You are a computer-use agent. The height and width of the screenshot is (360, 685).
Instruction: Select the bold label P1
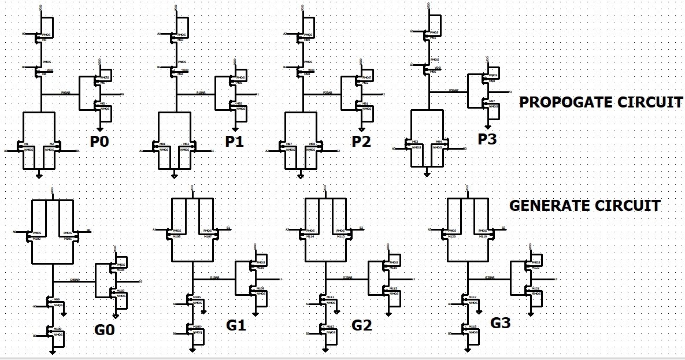click(x=234, y=141)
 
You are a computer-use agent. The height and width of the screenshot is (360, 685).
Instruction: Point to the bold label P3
click(x=487, y=139)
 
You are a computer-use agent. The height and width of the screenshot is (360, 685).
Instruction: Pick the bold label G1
click(x=236, y=325)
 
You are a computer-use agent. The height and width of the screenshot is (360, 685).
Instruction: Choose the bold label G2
click(x=362, y=325)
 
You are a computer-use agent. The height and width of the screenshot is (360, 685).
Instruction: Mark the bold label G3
click(x=500, y=323)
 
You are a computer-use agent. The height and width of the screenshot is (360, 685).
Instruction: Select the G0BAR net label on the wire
click(x=75, y=280)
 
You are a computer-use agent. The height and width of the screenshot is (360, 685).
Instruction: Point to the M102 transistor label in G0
click(x=36, y=238)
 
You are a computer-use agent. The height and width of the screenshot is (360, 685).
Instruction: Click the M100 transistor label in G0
click(x=57, y=328)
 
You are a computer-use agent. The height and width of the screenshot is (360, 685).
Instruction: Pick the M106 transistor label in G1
click(x=197, y=326)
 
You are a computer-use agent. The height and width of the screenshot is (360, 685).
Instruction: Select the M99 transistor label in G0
click(x=56, y=299)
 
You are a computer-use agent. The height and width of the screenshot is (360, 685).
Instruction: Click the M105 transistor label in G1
click(x=197, y=297)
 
